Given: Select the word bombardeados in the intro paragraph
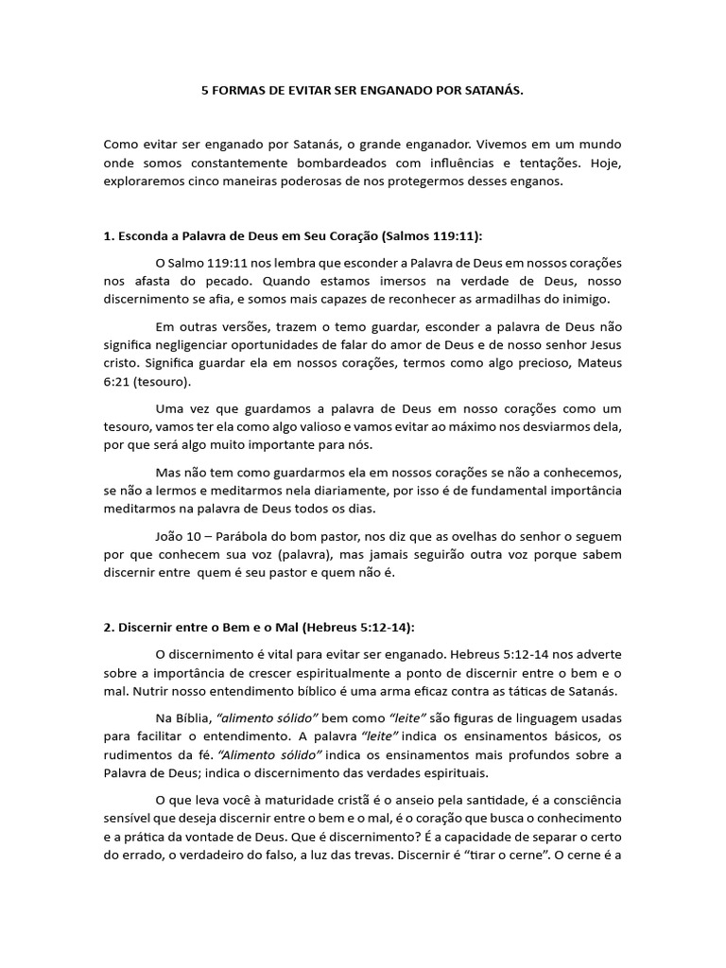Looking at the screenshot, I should coord(299,164).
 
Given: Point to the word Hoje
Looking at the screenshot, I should coord(607,164).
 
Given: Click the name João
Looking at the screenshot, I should coord(168,536).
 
